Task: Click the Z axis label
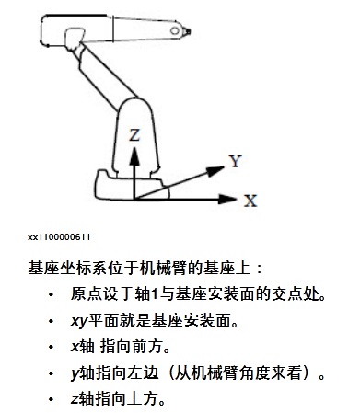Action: tap(134, 135)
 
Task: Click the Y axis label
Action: tap(236, 161)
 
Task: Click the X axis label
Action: tap(250, 201)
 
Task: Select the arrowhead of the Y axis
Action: tap(215, 170)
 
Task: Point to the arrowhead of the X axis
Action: tap(227, 200)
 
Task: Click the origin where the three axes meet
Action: tap(134, 200)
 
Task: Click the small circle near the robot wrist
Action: tap(175, 31)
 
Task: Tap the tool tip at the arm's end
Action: tap(188, 31)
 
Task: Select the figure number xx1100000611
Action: tap(59, 237)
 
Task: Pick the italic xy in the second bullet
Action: tap(79, 321)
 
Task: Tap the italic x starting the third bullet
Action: tap(75, 347)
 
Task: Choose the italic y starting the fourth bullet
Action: tap(75, 374)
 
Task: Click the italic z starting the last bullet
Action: tap(75, 399)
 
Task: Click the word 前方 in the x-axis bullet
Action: tap(147, 347)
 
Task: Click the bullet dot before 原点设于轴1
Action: tap(51, 295)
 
